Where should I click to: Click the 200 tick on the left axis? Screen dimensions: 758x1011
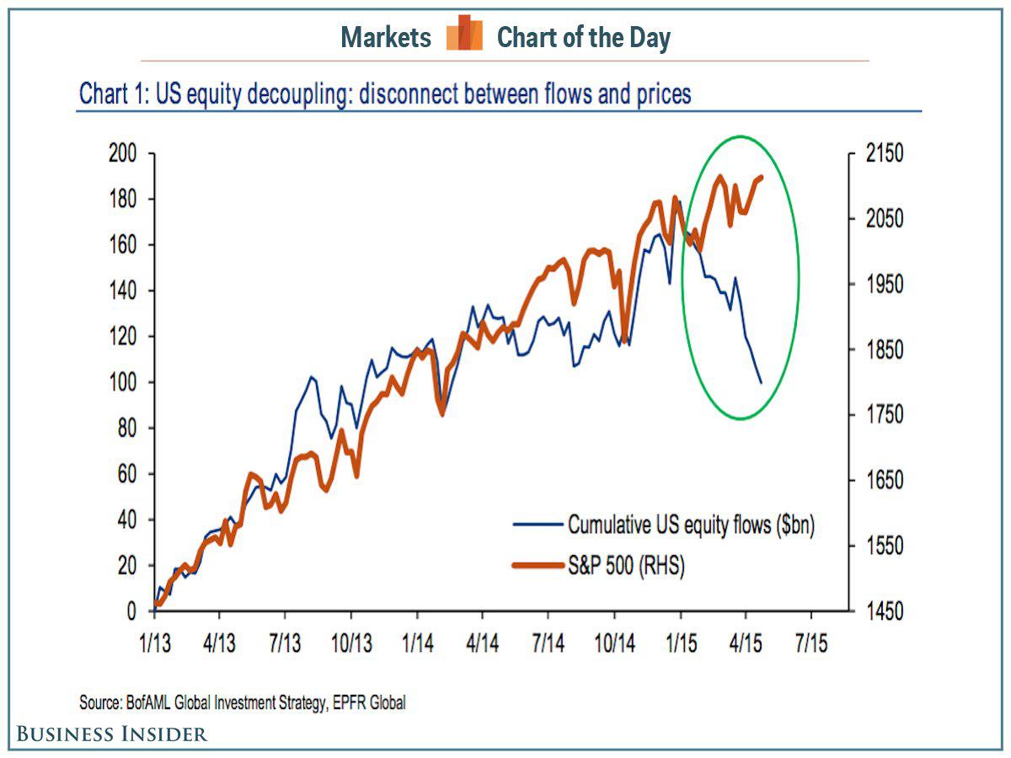coord(125,154)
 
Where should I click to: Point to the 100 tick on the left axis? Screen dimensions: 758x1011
coord(125,382)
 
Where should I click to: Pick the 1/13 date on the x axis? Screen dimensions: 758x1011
coord(154,643)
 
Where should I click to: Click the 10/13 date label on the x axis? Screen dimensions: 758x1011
coord(350,643)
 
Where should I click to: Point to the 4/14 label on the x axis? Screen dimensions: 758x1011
coord(482,643)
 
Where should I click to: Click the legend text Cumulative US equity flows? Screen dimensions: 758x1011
coord(691,525)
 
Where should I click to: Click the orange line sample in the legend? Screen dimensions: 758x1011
coord(538,566)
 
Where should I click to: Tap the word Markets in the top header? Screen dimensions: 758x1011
coord(386,37)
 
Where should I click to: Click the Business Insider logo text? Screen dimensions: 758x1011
coord(112,734)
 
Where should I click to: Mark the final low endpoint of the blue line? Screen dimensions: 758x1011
coord(761,382)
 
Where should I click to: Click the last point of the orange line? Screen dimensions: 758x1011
coord(761,177)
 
